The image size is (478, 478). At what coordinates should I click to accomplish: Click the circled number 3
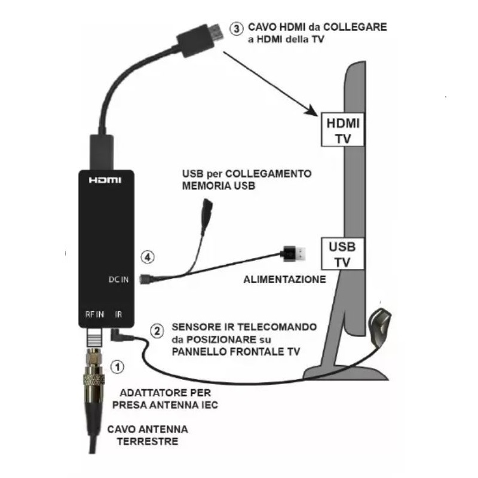point(237,28)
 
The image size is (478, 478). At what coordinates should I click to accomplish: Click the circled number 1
point(118,366)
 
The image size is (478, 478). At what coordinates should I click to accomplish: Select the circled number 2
point(156,330)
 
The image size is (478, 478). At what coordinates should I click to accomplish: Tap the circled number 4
point(148,258)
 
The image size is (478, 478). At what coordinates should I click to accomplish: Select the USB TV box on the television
point(342,253)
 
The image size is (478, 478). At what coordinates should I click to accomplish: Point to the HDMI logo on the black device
point(105,180)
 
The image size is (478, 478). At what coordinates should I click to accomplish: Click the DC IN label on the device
point(118,279)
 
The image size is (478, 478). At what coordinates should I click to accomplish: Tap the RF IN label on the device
point(94,314)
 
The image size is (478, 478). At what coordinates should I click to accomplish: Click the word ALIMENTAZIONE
point(284,279)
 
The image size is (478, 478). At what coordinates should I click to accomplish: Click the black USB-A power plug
point(295,253)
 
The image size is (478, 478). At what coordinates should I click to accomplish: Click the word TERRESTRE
point(147,442)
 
